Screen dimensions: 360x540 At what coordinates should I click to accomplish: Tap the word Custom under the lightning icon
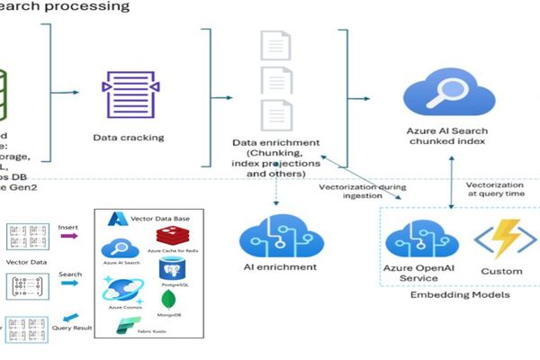[x=501, y=271]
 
